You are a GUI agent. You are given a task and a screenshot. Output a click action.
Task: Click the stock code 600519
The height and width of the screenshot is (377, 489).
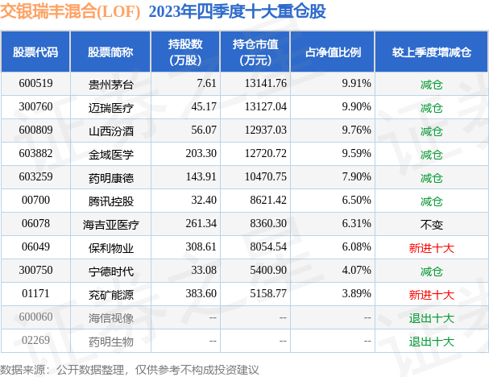[x=35, y=84]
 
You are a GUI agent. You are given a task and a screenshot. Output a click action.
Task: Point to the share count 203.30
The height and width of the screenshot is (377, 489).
[x=200, y=154]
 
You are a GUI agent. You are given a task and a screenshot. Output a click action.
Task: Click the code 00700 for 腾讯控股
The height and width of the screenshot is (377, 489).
[x=35, y=201]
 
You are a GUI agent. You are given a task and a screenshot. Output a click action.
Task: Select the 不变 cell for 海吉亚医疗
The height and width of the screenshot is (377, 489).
[x=431, y=224]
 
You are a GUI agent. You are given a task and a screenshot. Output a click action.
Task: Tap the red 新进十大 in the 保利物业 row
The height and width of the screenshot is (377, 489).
[x=431, y=247]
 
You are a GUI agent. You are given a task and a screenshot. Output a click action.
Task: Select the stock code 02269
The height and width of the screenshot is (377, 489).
[x=35, y=341]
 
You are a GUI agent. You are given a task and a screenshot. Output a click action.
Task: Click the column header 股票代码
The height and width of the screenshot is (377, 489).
[x=35, y=52]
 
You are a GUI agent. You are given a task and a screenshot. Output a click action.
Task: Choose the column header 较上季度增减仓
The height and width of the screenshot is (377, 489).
[x=431, y=52]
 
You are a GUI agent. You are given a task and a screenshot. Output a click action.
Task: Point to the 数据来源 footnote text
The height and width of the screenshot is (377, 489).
[x=130, y=369]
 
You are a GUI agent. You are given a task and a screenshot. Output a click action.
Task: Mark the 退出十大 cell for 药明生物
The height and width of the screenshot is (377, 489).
[x=431, y=341]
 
